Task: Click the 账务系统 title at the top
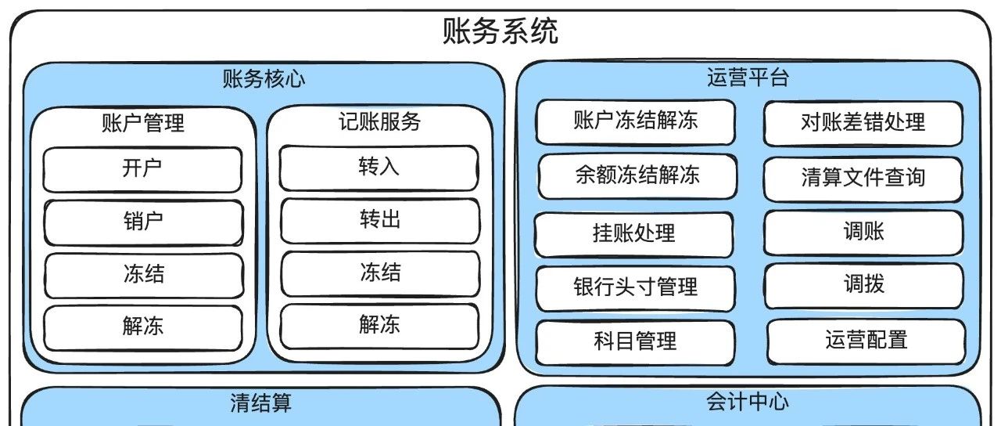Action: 500,32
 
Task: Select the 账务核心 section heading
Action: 264,79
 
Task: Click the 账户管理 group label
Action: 143,123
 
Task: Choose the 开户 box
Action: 143,169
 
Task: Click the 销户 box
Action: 143,222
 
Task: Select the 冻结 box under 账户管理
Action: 143,275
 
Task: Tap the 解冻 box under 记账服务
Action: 380,325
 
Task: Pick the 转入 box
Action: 380,168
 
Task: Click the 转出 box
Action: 380,220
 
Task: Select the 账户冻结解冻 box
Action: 635,121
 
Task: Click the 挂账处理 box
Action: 634,233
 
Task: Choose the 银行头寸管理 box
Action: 635,287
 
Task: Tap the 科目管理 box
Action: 635,341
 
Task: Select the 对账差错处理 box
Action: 863,123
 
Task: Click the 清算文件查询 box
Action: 863,178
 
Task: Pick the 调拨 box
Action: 864,284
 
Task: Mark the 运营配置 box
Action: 866,340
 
